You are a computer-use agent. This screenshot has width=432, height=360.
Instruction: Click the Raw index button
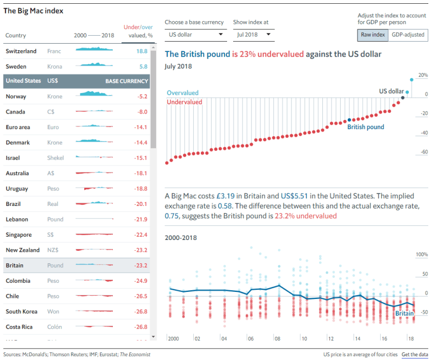[x=373, y=35]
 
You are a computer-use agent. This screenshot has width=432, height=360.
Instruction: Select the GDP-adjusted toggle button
[x=408, y=35]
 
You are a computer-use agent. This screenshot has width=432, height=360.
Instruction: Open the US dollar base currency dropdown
[x=196, y=35]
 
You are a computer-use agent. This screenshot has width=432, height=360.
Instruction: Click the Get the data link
[x=415, y=355]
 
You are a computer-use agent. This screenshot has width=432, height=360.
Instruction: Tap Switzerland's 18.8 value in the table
[x=142, y=51]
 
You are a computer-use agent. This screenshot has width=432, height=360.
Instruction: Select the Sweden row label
[x=16, y=66]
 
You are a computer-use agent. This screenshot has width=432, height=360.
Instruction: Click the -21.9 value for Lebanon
[x=141, y=219]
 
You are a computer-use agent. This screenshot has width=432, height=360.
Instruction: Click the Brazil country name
[x=14, y=204]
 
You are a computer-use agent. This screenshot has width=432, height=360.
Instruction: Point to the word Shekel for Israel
[x=56, y=158]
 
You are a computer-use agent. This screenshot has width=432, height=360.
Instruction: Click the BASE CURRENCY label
[x=126, y=81]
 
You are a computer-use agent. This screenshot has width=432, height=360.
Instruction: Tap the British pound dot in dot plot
[x=349, y=120]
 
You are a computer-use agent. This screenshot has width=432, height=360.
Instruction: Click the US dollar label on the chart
[x=391, y=91]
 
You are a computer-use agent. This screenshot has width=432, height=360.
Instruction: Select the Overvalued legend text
[x=183, y=93]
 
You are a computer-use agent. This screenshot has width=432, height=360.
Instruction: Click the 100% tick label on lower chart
[x=421, y=254]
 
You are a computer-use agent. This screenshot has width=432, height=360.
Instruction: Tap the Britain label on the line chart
[x=404, y=314]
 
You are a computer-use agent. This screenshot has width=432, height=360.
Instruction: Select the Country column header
[x=16, y=36]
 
